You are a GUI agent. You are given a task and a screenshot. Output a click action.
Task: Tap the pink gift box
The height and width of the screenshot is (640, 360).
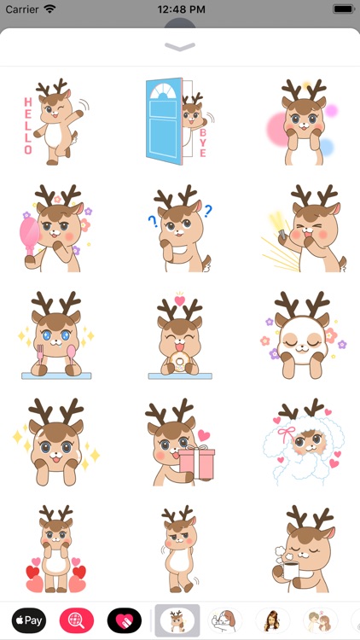(x=197, y=462)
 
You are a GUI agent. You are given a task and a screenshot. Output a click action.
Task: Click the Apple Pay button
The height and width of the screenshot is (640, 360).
(x=28, y=620)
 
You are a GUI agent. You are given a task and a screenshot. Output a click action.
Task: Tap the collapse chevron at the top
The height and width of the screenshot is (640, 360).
(x=180, y=47)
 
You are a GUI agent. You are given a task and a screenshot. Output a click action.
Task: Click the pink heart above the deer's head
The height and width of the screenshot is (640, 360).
(x=179, y=300)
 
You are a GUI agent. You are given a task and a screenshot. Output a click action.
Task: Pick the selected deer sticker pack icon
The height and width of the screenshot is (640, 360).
(x=177, y=620)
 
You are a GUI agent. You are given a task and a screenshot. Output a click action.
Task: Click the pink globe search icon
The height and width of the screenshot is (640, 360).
(x=77, y=620)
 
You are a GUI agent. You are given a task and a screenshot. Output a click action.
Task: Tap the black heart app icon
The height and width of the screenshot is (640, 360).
(x=125, y=620)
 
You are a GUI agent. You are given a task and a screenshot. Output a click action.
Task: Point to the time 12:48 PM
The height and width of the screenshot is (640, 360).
(x=180, y=9)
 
